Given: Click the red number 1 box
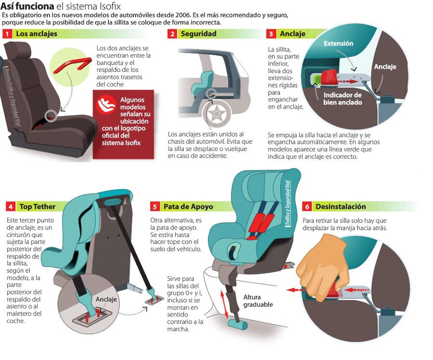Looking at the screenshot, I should [7, 34].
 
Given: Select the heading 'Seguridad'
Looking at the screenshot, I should [198, 34].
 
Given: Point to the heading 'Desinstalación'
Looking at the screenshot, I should [341, 207].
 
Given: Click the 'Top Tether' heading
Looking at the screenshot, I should [38, 207].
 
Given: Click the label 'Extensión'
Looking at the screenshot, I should [338, 44].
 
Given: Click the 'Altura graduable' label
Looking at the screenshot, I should [258, 301].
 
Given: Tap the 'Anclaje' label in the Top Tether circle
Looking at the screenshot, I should [106, 299].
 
